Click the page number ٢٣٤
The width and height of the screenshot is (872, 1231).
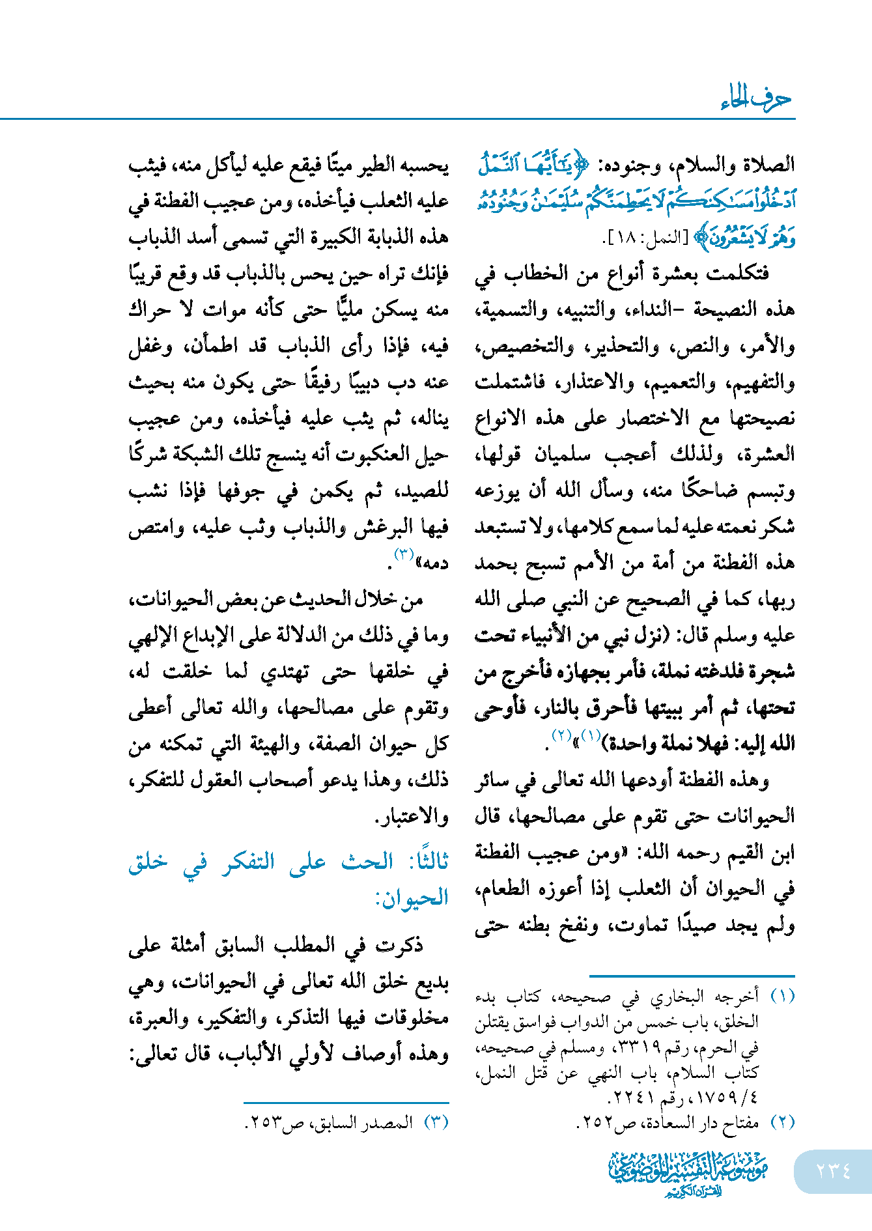point(833,1170)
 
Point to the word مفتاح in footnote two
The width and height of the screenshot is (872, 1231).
point(740,1122)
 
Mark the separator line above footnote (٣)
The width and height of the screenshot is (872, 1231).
point(346,1103)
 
